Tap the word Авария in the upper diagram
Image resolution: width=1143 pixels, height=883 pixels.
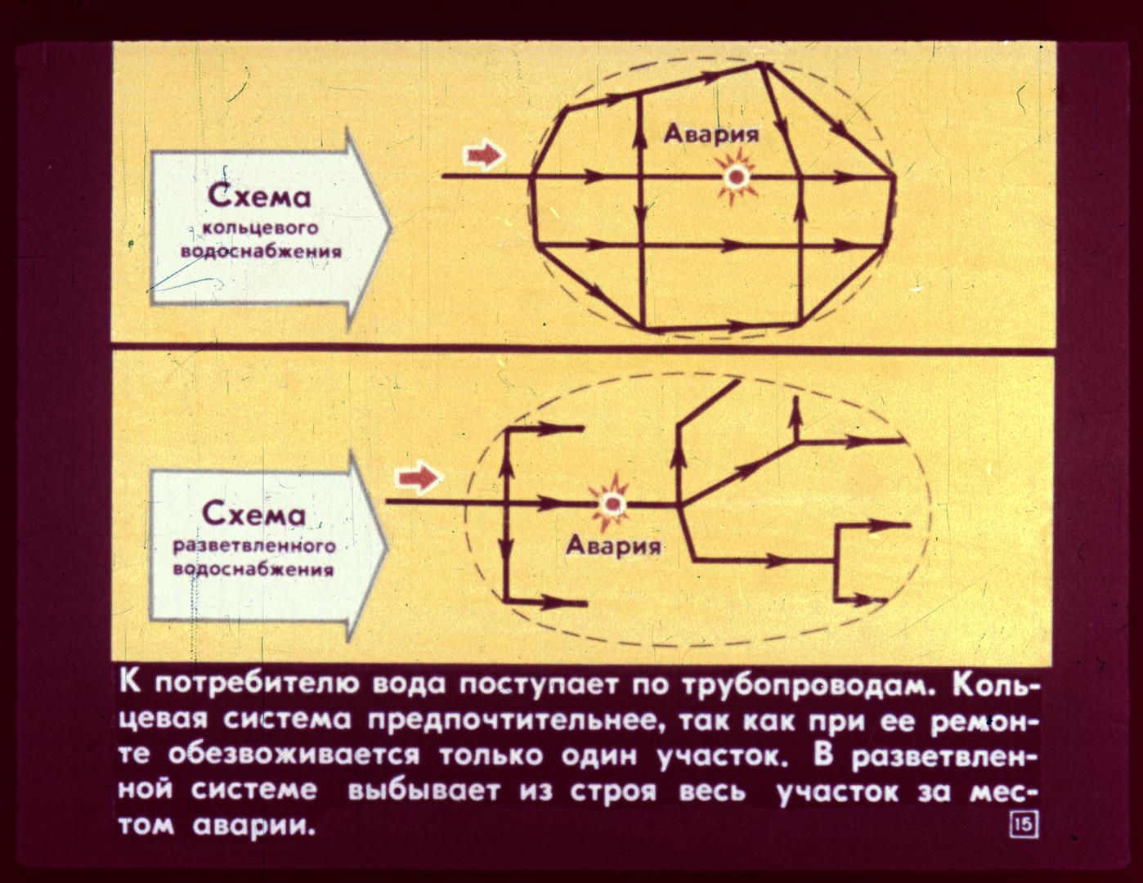[711, 135]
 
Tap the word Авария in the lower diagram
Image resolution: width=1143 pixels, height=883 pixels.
[613, 546]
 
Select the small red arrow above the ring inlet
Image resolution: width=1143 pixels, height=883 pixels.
[483, 155]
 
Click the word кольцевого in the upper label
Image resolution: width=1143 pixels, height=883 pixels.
[261, 228]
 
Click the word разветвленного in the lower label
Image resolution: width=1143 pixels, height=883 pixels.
[254, 546]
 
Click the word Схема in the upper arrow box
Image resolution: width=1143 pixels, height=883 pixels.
[260, 197]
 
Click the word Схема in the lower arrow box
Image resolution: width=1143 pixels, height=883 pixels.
[254, 514]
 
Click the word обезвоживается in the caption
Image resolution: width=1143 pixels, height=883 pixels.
[294, 755]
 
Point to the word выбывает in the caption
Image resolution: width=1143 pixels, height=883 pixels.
[423, 791]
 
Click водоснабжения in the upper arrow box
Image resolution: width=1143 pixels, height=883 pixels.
[261, 251]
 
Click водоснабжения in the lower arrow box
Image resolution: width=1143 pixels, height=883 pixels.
[253, 570]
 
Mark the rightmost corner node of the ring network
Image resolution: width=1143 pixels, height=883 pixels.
[894, 177]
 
